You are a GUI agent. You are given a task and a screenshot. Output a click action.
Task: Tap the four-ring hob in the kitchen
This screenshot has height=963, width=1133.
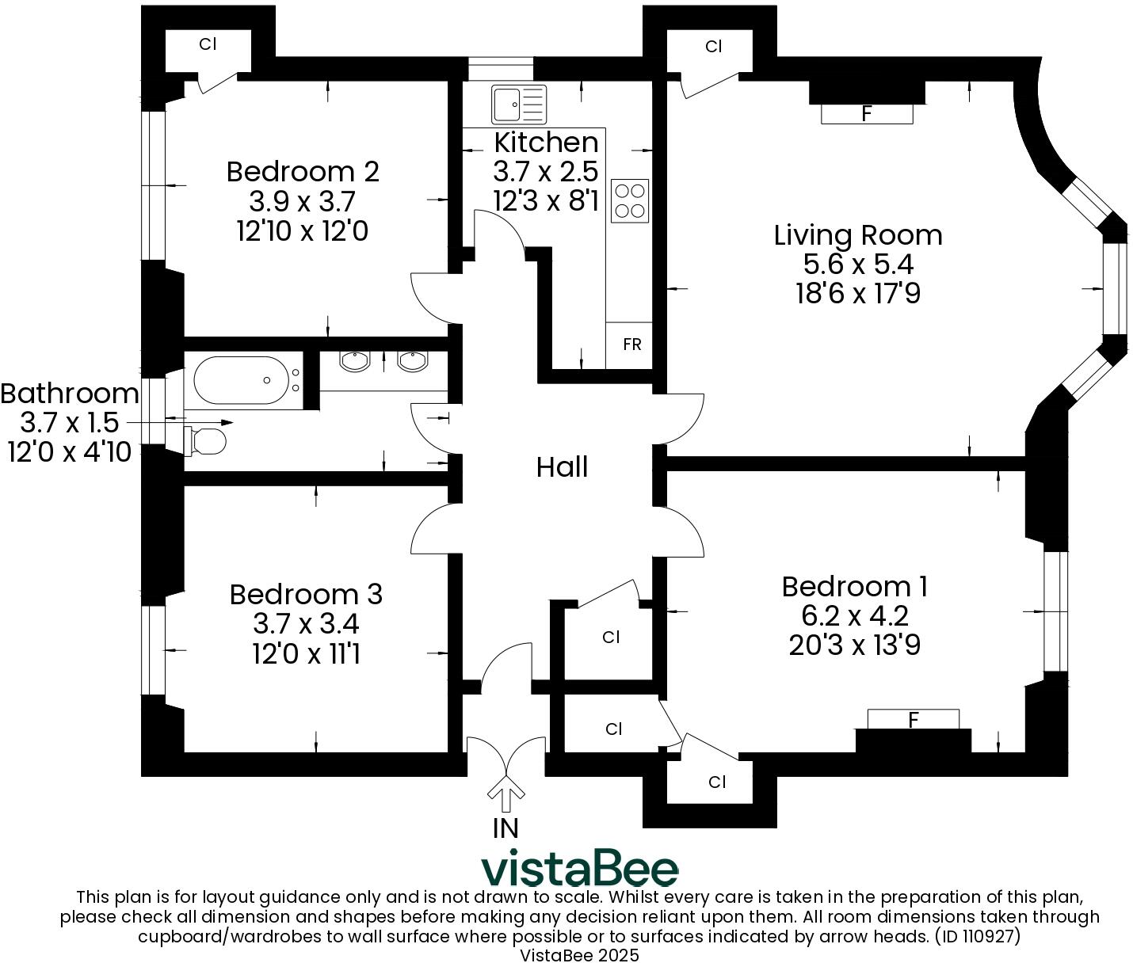tap(630, 200)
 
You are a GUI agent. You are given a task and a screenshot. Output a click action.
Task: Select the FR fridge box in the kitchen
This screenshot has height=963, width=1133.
tap(631, 344)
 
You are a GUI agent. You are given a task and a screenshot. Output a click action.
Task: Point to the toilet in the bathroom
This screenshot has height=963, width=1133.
tap(208, 440)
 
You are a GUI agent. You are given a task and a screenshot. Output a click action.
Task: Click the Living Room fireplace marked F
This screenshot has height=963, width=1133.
tap(867, 113)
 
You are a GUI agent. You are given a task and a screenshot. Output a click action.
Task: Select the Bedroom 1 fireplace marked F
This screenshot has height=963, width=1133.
tap(914, 720)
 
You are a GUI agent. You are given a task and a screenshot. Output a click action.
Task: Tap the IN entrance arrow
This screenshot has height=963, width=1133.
tap(505, 792)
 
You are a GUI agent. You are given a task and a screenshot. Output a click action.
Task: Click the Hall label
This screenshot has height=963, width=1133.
tap(562, 467)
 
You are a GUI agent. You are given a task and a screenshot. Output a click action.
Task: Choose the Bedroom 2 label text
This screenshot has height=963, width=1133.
tap(303, 171)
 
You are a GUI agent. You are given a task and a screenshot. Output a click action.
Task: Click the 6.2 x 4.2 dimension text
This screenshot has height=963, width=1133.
tap(854, 615)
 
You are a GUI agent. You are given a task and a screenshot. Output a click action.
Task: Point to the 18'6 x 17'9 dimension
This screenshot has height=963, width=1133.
tap(858, 294)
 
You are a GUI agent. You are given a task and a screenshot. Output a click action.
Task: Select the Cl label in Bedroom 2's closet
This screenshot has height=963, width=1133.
tap(208, 44)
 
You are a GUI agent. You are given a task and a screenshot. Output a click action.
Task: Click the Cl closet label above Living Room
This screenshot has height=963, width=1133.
tap(714, 47)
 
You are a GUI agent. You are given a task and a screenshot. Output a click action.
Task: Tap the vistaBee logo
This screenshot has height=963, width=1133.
tap(580, 869)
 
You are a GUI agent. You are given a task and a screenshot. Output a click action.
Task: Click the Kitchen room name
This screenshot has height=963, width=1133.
tap(546, 143)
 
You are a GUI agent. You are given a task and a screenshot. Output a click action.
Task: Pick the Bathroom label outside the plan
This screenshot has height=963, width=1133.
tap(70, 394)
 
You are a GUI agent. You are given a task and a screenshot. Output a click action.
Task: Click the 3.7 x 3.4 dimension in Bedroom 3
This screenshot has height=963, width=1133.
tap(306, 624)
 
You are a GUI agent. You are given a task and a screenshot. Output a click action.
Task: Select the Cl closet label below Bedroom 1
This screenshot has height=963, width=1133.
tap(717, 782)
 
